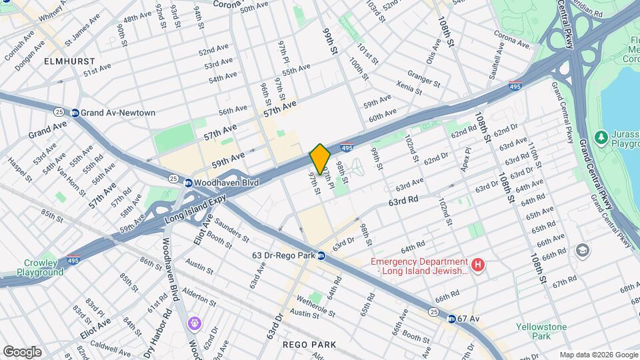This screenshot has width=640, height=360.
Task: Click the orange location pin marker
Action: [320, 159]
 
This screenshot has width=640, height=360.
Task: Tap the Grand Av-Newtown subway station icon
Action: [75, 113]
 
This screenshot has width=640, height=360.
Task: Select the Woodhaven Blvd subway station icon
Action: [189, 183]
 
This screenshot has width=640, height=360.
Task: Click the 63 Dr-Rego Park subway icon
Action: [321, 255]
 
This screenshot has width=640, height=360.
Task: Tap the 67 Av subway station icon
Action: [451, 319]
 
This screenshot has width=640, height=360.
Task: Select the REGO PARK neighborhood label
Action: [309, 345]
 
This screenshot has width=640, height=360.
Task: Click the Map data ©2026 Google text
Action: [598, 355]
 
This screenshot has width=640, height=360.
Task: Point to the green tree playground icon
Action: [601, 136]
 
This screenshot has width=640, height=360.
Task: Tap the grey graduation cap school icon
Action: [582, 250]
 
